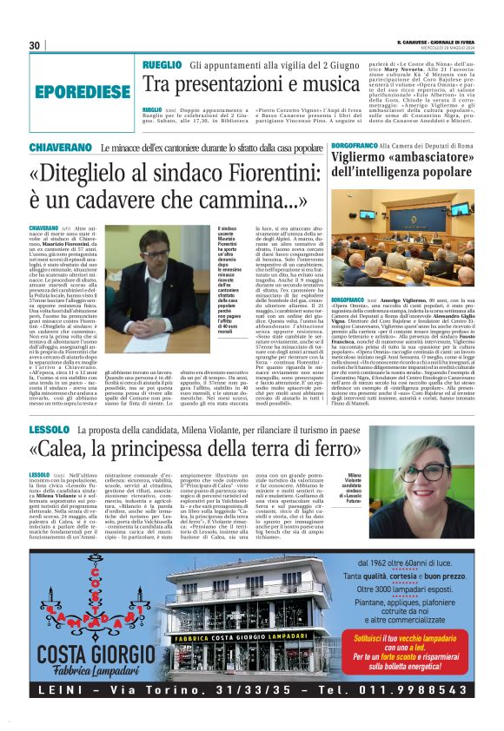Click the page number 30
click(x=35, y=45)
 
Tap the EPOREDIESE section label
click(x=79, y=91)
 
